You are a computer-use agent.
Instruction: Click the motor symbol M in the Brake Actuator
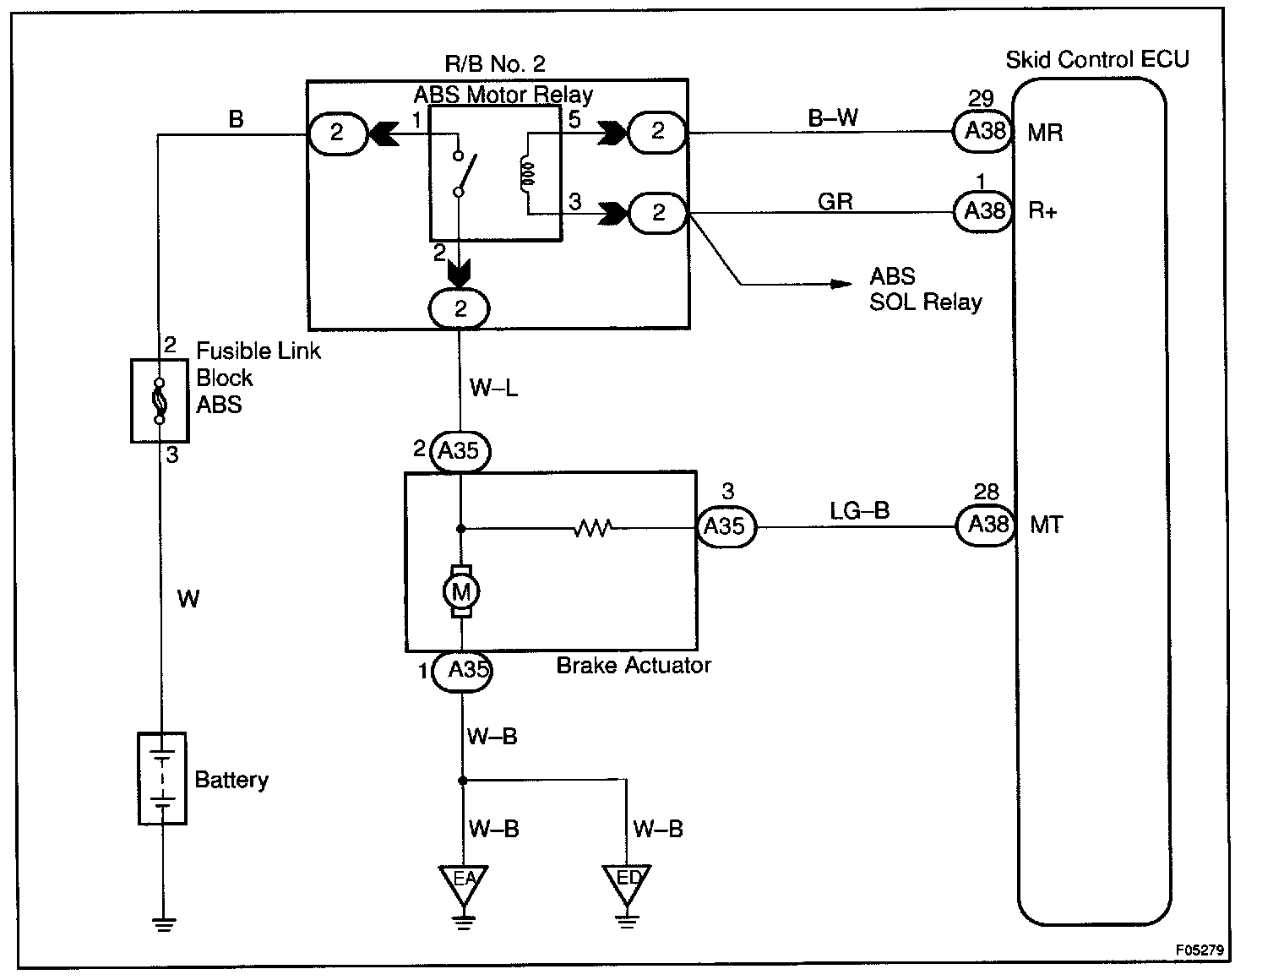461,591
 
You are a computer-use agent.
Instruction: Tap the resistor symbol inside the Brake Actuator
593,528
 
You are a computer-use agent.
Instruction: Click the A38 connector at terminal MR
982,131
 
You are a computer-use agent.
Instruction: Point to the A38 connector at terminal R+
983,211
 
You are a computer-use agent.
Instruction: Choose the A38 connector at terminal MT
986,525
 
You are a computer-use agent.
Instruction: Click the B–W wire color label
833,118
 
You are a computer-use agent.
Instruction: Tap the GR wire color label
835,201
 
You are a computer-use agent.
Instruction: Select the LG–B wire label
859,511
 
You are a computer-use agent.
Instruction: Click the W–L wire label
493,387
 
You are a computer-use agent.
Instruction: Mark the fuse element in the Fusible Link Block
159,401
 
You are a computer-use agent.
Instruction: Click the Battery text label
231,781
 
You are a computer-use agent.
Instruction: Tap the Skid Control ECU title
1096,59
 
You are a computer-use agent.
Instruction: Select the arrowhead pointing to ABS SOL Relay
841,285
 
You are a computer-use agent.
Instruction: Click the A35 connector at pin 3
726,526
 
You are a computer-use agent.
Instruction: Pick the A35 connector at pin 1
462,669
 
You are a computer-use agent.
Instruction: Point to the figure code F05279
1200,950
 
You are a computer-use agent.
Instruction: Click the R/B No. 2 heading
495,63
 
